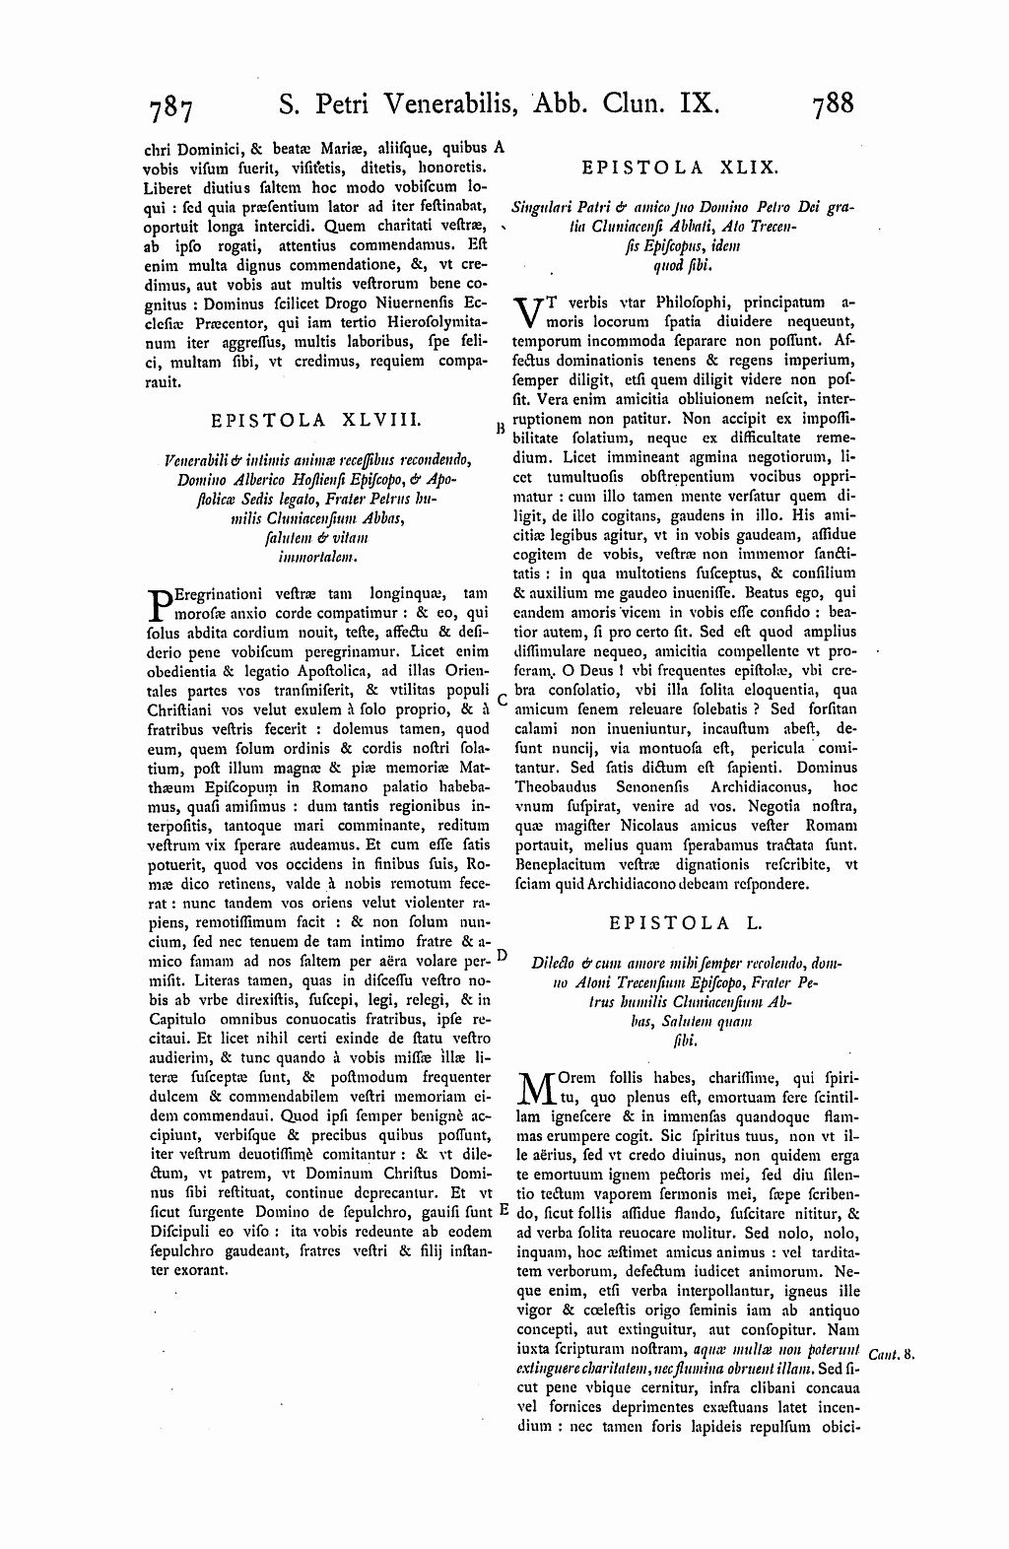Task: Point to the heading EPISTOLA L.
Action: (x=686, y=923)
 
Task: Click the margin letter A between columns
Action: (x=500, y=147)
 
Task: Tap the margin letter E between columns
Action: (x=503, y=1209)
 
